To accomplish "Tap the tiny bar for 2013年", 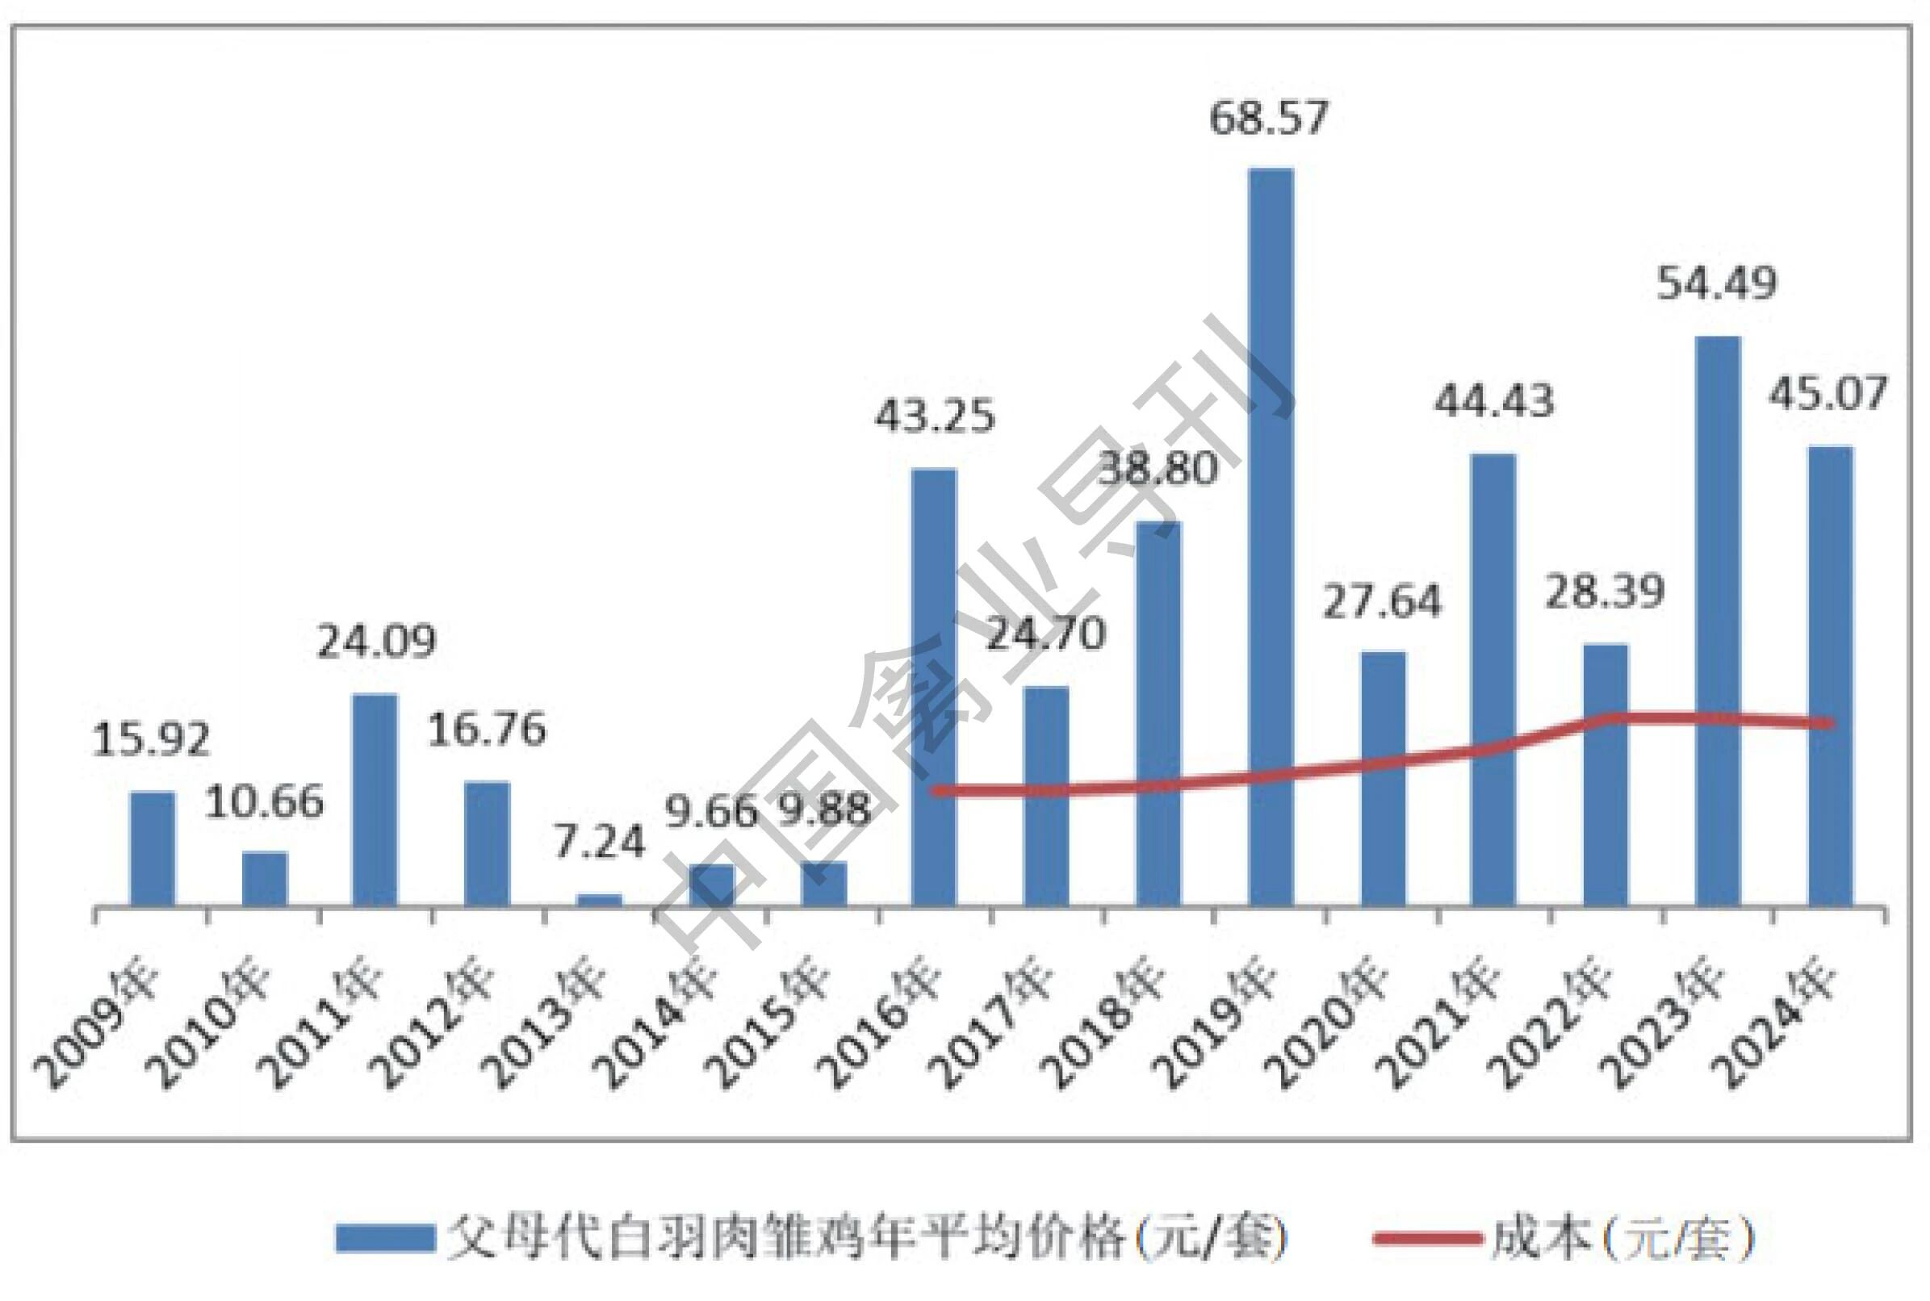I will click(599, 899).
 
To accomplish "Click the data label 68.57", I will click(1269, 118).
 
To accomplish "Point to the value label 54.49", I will click(1717, 284).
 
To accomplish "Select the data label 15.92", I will click(151, 738).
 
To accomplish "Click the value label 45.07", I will click(1828, 393).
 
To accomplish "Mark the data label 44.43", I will click(1493, 402).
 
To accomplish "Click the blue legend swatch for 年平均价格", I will click(385, 1239).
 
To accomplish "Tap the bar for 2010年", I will click(265, 878).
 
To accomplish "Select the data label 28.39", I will click(1605, 592).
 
